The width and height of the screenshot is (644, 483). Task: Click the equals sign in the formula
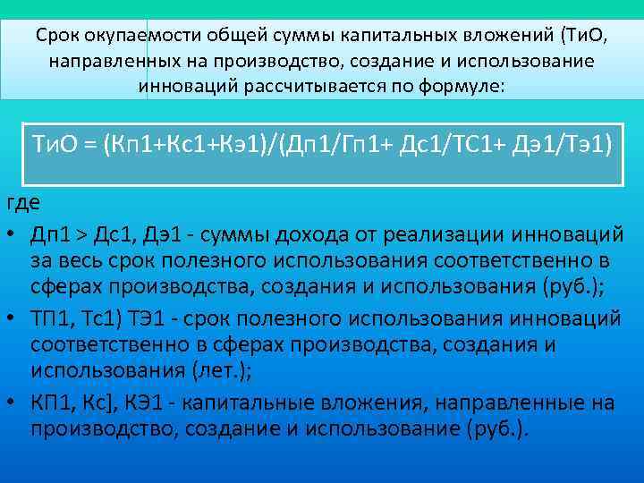(x=89, y=143)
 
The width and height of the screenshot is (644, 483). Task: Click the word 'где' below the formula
(x=23, y=202)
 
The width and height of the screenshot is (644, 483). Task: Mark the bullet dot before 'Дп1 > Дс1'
(x=13, y=235)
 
